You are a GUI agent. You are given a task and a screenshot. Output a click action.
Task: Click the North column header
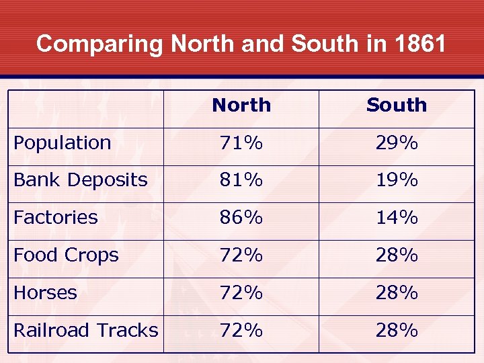pos(241,106)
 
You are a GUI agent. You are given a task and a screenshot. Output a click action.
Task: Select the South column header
pos(396,106)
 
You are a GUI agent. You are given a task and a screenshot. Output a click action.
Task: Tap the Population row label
pos(63,143)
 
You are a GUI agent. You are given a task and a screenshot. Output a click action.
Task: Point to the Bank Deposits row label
pos(81,180)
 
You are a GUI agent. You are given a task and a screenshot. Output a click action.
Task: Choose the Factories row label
pos(56,218)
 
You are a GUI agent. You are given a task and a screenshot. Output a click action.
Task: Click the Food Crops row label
pos(66,255)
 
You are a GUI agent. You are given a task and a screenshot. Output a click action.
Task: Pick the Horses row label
pos(46,293)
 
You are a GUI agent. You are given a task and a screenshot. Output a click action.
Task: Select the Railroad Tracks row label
pos(86,331)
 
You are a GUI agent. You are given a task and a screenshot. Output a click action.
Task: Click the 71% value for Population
pos(241,143)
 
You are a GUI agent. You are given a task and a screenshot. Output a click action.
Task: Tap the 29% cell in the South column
pos(396,143)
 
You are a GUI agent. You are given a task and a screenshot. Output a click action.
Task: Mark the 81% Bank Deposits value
pos(241,180)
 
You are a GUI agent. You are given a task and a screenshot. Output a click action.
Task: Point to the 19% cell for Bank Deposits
pos(396,180)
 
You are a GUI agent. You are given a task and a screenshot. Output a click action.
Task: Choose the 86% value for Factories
pos(241,218)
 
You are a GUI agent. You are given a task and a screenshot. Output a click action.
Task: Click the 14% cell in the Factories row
pos(396,218)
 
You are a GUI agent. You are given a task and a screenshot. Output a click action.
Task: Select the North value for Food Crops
pos(241,255)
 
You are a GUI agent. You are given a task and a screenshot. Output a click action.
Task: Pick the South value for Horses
pos(396,293)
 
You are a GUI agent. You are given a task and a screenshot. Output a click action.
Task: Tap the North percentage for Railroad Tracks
pos(241,331)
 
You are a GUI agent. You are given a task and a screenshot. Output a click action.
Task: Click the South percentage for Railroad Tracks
pos(396,331)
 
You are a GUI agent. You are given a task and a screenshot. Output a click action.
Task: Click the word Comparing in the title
pos(99,44)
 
